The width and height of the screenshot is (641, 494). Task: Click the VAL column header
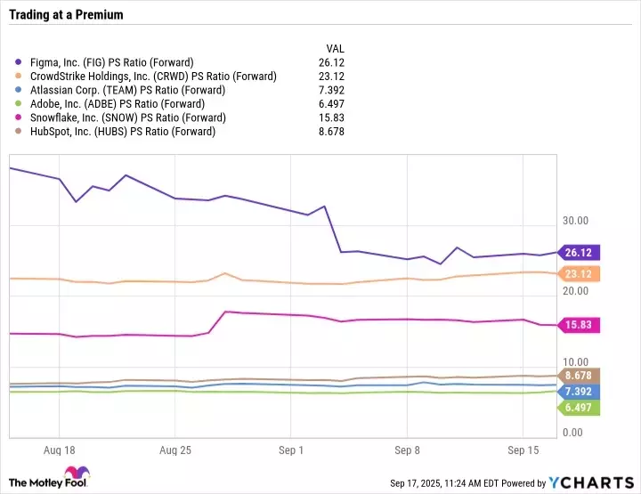point(336,48)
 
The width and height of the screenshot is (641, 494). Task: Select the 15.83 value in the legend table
point(332,117)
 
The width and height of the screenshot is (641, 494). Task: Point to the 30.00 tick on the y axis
point(575,220)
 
